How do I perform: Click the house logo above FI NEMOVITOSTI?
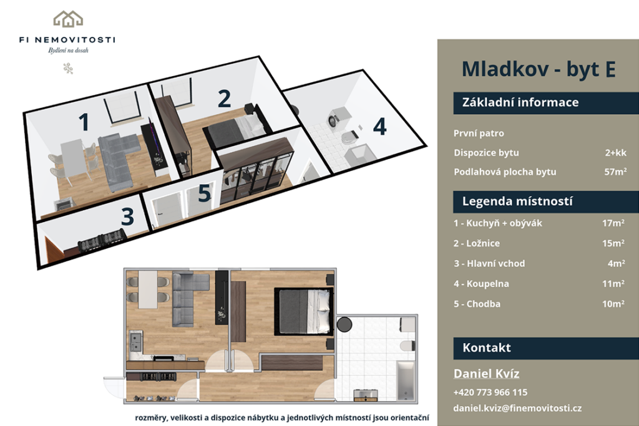(68, 19)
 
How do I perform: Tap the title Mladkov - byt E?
(539, 69)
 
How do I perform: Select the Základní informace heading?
(520, 102)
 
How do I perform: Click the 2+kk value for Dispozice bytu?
(615, 153)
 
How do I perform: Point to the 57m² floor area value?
(615, 172)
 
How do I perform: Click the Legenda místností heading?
(517, 201)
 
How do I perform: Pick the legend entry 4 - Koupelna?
(481, 283)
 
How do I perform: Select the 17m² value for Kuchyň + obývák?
(613, 223)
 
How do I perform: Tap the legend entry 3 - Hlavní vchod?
(489, 263)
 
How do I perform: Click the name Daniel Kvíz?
(487, 374)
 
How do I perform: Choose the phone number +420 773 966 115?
(490, 392)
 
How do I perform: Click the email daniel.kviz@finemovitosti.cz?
(517, 408)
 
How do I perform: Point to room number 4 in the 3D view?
(380, 127)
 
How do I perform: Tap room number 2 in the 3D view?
(224, 99)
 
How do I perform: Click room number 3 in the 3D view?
(127, 216)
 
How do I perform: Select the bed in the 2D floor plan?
(304, 312)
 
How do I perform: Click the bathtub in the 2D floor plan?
(406, 380)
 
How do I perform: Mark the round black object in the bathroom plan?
(344, 324)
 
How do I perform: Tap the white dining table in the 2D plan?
(148, 289)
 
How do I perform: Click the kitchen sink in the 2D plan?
(135, 342)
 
